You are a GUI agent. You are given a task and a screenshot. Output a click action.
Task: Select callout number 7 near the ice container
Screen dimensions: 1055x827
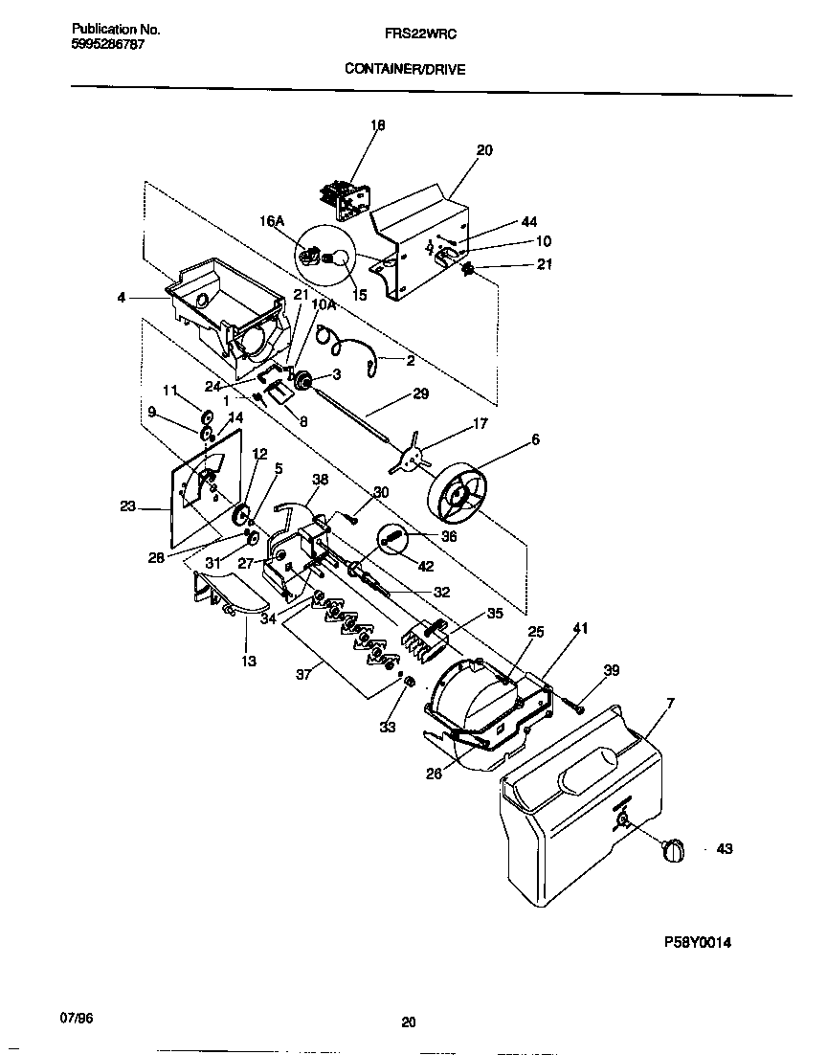pos(669,704)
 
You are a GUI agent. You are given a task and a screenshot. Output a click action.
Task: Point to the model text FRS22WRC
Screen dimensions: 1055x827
pos(408,33)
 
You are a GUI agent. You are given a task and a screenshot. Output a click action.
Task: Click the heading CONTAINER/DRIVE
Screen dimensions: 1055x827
pos(407,69)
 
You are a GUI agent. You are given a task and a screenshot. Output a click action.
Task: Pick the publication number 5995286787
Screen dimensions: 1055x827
pos(108,45)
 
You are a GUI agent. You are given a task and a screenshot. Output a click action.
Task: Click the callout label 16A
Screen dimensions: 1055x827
pos(272,222)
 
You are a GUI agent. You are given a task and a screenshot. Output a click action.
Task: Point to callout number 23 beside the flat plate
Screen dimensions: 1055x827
pos(128,508)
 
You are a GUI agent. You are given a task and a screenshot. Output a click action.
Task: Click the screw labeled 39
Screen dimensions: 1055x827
pos(578,706)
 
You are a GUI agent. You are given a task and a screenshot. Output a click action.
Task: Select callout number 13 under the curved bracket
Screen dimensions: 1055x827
pos(249,661)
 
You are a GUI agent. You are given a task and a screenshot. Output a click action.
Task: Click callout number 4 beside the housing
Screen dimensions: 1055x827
pos(121,298)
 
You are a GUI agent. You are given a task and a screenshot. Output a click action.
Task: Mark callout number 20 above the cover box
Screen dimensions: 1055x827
pos(484,150)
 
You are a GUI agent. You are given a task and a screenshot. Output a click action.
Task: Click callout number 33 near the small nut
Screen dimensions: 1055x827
pos(387,728)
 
